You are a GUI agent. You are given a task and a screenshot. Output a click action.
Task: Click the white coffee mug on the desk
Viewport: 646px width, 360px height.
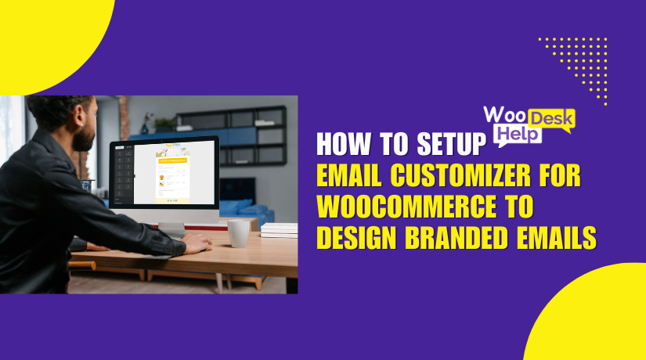click(x=238, y=232)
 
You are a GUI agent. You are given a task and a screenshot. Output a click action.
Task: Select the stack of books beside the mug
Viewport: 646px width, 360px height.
click(x=279, y=229)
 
